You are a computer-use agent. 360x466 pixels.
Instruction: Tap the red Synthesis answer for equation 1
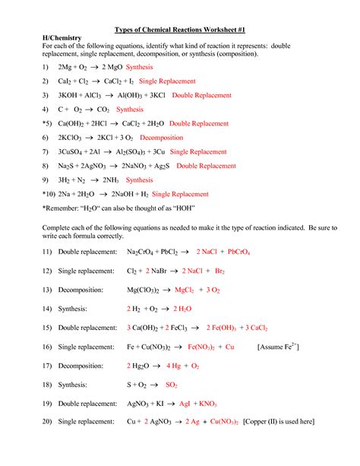click(x=140, y=67)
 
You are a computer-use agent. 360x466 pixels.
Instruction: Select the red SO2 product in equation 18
click(x=171, y=385)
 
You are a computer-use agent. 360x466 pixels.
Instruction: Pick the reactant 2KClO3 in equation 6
click(x=72, y=138)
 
